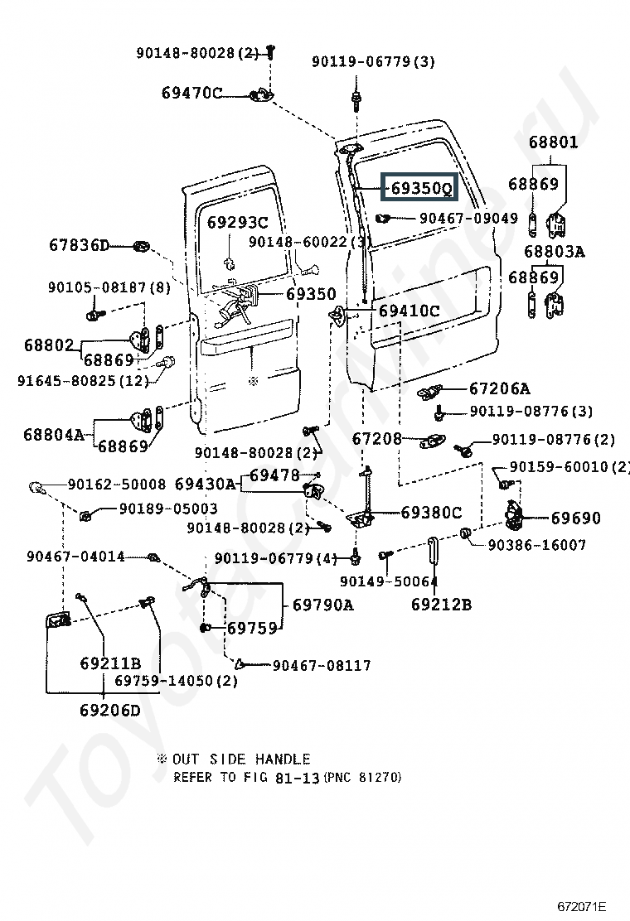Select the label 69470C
pos(191,93)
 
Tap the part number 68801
pos(553,142)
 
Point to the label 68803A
pos(554,251)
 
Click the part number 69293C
pos(237,222)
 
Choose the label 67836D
pos(79,245)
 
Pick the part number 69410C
pos(409,311)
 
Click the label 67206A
pos(499,388)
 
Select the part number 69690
pos(576,518)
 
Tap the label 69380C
pos(431,513)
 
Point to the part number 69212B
pos(441,605)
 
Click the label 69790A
pos(322,605)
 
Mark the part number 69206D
pos(110,710)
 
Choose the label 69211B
pos(110,663)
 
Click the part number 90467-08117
pos(322,665)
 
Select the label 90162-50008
pos(117,484)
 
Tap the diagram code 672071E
pos(582,906)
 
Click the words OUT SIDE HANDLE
pos(241,759)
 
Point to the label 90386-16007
pos(537,545)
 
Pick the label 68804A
pos(53,434)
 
